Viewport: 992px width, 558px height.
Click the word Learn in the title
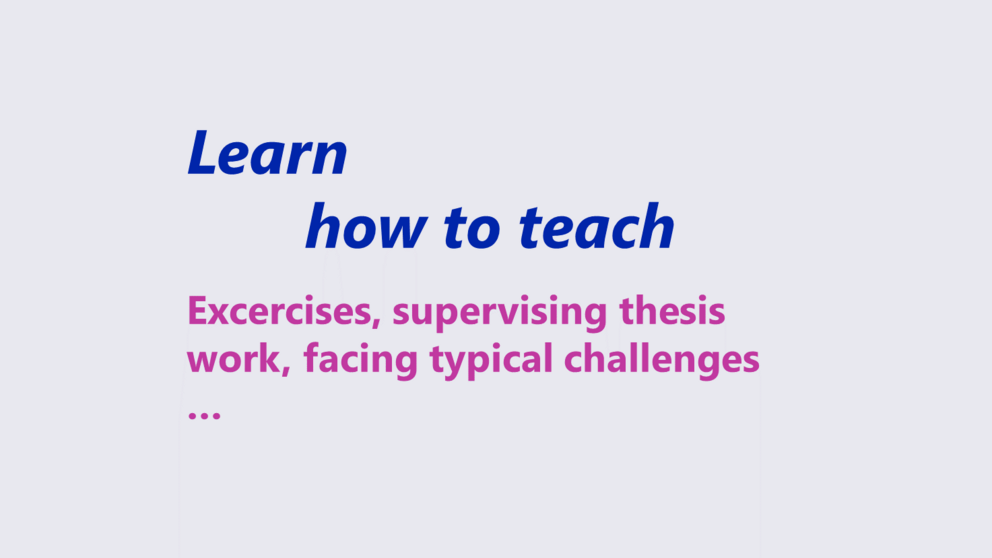(268, 152)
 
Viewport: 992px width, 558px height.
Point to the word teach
(597, 226)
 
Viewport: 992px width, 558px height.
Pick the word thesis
(672, 311)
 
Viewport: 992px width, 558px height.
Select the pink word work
(233, 358)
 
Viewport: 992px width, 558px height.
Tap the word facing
(361, 360)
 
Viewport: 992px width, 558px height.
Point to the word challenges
(661, 360)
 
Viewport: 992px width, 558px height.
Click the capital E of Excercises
(197, 311)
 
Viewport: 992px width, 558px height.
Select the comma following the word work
(286, 371)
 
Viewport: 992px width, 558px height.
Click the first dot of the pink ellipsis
(192, 416)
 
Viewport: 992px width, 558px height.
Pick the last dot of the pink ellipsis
(216, 416)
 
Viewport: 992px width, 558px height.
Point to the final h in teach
(657, 226)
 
